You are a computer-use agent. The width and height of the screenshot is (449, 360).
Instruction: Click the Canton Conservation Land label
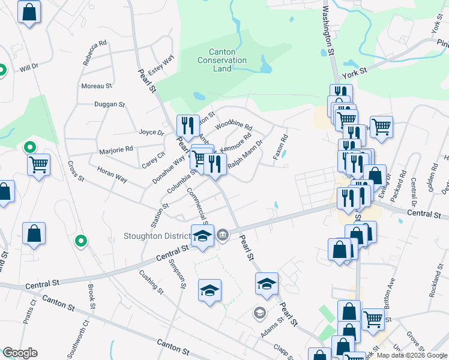tap(222, 60)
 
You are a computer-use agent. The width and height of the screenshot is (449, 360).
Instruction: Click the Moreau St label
tap(97, 86)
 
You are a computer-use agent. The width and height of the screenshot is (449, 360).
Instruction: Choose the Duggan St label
tap(109, 104)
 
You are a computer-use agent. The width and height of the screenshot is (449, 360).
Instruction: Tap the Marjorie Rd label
tap(116, 149)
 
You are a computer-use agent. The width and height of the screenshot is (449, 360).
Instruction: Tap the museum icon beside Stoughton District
tap(223, 234)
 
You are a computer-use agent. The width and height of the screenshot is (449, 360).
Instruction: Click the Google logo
tap(20, 353)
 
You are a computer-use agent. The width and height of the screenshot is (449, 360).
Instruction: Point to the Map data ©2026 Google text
tap(412, 355)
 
